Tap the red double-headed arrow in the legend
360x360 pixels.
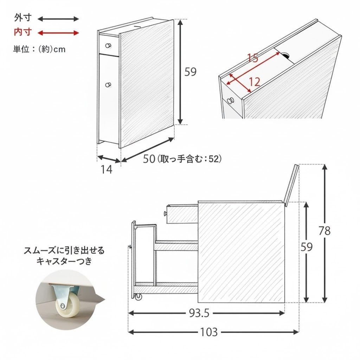[x=58, y=33]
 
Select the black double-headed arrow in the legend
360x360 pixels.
[x=58, y=19]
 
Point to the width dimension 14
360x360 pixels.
[x=106, y=169]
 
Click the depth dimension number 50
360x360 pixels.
[x=149, y=159]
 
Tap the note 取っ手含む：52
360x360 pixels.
[x=189, y=159]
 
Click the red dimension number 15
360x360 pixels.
[x=253, y=58]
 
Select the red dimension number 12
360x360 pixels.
[x=254, y=82]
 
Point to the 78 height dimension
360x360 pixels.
[x=324, y=231]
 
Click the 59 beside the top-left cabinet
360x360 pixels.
[x=191, y=72]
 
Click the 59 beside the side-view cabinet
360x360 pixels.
[x=307, y=247]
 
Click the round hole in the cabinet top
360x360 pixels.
[x=284, y=55]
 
